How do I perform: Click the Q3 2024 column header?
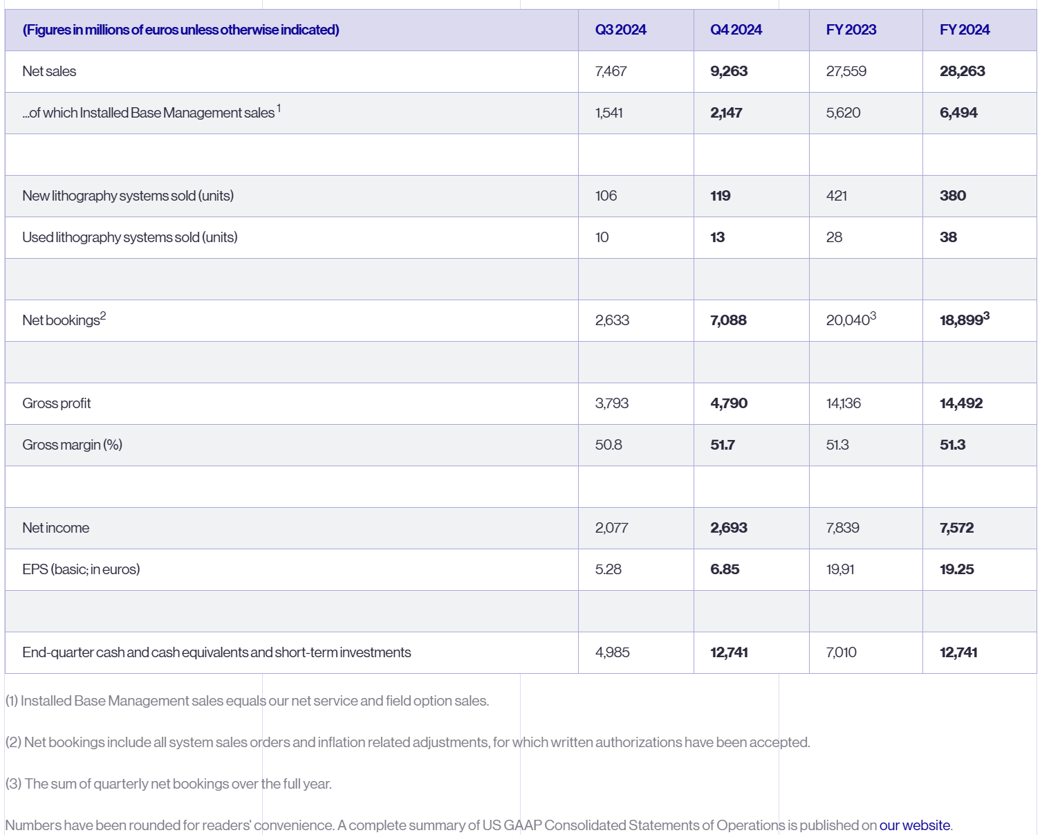[x=620, y=30]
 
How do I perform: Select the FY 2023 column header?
[x=851, y=30]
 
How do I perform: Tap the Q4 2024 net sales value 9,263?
[x=729, y=71]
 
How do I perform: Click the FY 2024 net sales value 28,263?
[x=962, y=71]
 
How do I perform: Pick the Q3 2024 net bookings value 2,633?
[x=612, y=320]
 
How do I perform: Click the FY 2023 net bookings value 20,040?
[x=848, y=320]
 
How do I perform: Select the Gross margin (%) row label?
[x=72, y=445]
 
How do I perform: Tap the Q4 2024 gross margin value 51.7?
[x=723, y=445]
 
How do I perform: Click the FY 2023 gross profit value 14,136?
[x=843, y=403]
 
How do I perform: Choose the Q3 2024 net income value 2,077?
[x=611, y=528]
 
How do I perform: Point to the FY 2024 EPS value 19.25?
[x=956, y=569]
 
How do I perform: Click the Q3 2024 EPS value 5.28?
[x=608, y=569]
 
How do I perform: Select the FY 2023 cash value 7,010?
[x=841, y=652]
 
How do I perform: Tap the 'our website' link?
[x=914, y=825]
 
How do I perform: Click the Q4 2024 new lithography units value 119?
[x=720, y=196]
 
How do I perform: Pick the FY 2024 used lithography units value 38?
[x=948, y=237]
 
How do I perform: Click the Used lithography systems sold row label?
[x=129, y=237]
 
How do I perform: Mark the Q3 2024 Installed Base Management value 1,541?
[x=609, y=113]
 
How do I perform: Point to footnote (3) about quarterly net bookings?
[x=169, y=784]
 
